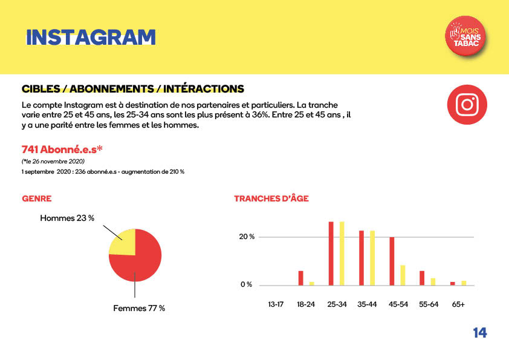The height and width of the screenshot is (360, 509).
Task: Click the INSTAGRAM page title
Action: click(91, 37)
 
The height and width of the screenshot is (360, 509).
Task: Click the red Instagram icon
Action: click(467, 105)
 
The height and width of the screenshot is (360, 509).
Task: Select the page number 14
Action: click(479, 333)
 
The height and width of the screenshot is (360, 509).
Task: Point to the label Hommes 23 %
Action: click(67, 218)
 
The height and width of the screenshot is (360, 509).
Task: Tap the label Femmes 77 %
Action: click(139, 308)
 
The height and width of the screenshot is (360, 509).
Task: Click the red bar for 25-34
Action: click(331, 253)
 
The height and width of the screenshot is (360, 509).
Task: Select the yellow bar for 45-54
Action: click(403, 275)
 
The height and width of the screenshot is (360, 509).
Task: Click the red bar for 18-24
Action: click(300, 278)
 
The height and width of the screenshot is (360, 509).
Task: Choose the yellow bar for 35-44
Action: click(372, 257)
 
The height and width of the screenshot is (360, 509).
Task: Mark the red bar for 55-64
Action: click(422, 278)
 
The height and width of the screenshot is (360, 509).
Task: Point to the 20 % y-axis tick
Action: click(246, 237)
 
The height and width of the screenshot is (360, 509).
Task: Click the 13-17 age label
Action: click(276, 304)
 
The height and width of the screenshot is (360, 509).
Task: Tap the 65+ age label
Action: click(458, 304)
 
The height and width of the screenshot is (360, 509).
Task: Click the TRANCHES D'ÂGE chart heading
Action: click(271, 198)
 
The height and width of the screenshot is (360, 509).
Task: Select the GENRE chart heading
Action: click(36, 198)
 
